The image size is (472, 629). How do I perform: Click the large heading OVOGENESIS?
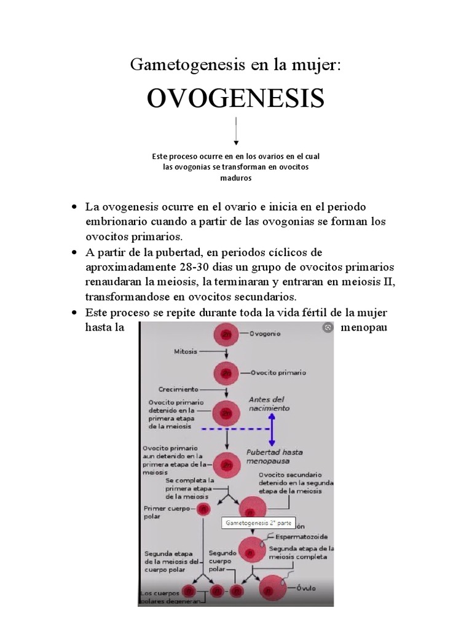[236, 98]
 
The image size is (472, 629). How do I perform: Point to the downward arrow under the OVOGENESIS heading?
[236, 131]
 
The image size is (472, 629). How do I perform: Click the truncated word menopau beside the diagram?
[363, 327]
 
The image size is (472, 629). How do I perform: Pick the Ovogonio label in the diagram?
[265, 334]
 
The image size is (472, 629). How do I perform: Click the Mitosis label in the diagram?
[186, 352]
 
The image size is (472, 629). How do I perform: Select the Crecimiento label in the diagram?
[178, 389]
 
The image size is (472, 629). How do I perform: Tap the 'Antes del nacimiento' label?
[269, 403]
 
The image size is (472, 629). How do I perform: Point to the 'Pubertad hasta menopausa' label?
[274, 456]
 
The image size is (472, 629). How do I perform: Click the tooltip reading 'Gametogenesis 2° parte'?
[251, 524]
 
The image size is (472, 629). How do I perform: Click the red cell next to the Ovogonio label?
[226, 335]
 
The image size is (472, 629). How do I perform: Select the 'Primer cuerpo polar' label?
[161, 512]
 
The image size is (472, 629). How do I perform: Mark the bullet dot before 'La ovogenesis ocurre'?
[75, 207]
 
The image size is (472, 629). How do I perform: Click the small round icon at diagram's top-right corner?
[328, 328]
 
